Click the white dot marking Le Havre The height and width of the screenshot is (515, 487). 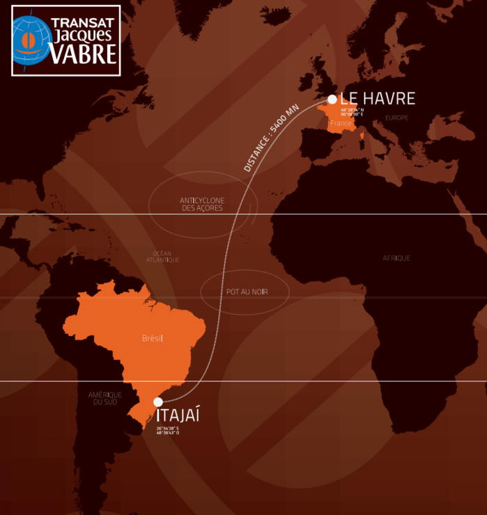(x=332, y=100)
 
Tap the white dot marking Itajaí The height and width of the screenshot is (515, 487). (x=158, y=402)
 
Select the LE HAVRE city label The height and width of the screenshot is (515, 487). (x=378, y=99)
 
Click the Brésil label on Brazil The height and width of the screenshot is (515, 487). (x=152, y=338)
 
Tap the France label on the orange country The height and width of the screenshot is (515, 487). (x=341, y=123)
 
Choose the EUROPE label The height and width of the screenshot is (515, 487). (x=396, y=118)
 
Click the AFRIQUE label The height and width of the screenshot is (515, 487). (x=396, y=258)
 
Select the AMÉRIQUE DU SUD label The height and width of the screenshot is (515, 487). (x=105, y=399)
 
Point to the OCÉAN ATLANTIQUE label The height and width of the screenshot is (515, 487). (x=162, y=257)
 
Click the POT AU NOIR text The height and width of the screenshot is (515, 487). (x=247, y=292)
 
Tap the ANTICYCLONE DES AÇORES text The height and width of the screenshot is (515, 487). (x=202, y=204)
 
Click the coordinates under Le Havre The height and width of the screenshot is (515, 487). (x=352, y=112)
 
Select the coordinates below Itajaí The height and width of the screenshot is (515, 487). (x=168, y=430)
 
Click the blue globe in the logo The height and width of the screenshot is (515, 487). (x=31, y=40)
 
